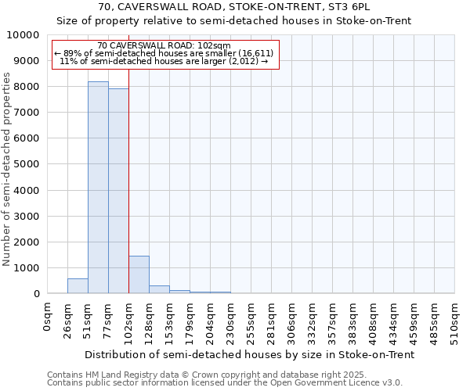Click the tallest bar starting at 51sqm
point(98,188)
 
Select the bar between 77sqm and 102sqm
point(118,191)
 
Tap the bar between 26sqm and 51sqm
point(78,285)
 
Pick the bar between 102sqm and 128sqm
point(139,274)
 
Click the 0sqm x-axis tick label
point(48,316)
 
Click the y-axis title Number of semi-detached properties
point(8,169)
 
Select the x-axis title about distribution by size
point(249,354)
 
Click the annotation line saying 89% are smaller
point(164,53)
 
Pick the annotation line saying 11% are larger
point(164,61)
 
